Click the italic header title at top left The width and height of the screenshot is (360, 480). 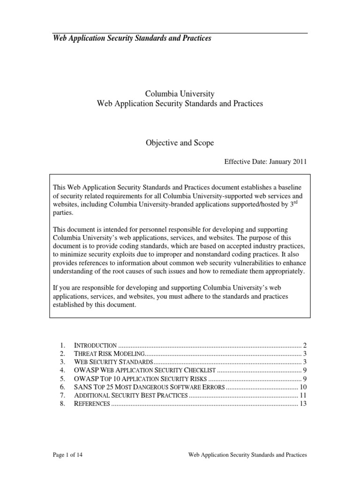tap(132, 38)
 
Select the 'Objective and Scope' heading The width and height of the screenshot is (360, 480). tap(180, 143)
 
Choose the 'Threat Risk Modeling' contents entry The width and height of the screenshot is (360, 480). tap(110, 353)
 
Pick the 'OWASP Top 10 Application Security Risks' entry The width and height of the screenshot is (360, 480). tap(140, 379)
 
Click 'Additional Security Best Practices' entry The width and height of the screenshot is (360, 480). tap(131, 396)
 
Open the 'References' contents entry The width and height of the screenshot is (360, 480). tap(92, 404)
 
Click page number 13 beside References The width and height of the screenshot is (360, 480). tap(302, 404)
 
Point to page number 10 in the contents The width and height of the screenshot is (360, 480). tap(302, 387)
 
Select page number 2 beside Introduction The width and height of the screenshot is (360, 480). tap(304, 345)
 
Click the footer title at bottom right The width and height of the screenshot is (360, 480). tap(247, 455)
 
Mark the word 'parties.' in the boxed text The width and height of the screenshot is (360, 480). tap(64, 212)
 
